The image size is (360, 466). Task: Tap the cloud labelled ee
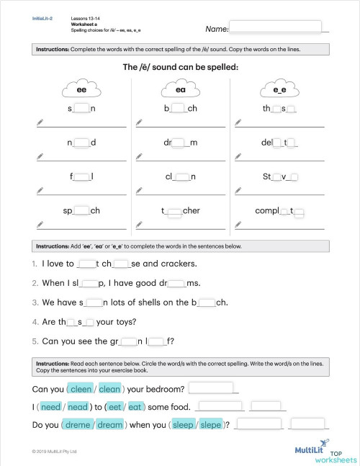[81, 89]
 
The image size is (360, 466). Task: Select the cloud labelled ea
[180, 89]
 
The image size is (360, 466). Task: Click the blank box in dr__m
[181, 143]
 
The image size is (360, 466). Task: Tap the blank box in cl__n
[182, 176]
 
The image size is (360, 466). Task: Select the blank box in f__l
[82, 176]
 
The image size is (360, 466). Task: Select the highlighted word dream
[110, 425]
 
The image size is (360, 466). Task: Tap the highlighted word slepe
[211, 425]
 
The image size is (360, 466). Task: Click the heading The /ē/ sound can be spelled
[180, 67]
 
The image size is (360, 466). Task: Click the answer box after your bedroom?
[212, 388]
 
